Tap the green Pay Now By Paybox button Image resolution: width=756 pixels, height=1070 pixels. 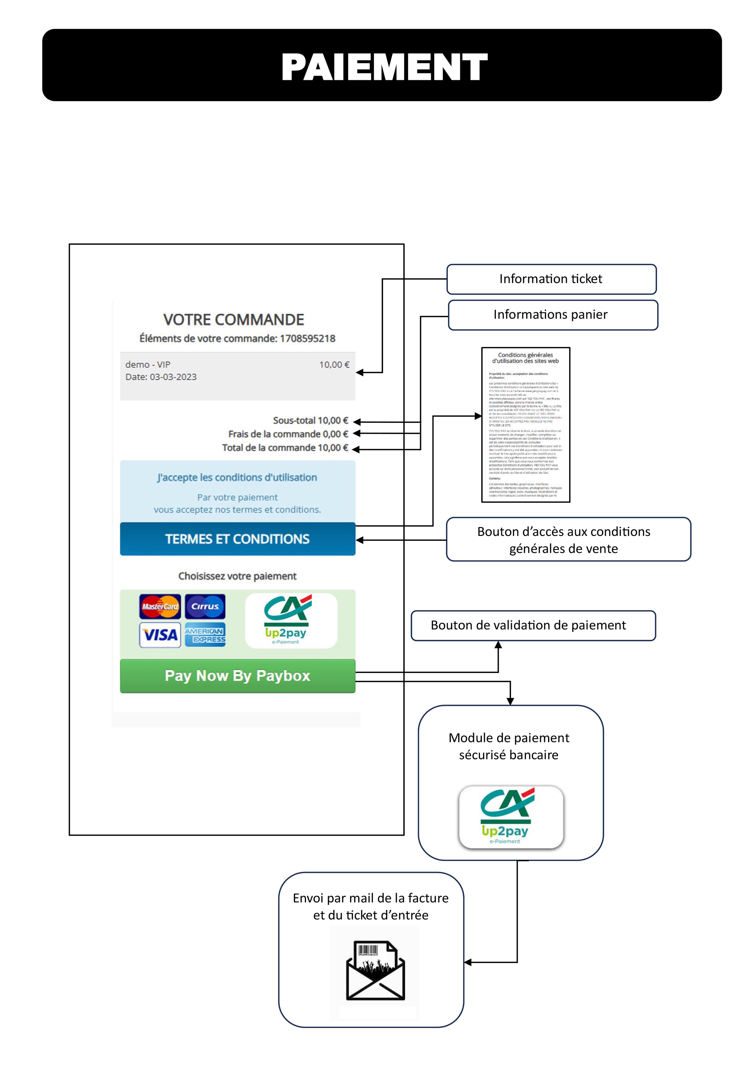click(x=237, y=676)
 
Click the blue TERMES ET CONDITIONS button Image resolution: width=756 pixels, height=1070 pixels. click(x=237, y=539)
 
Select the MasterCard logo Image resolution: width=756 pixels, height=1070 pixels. click(x=160, y=606)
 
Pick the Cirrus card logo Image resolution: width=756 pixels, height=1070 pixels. click(x=205, y=606)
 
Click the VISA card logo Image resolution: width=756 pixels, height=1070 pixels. click(x=160, y=635)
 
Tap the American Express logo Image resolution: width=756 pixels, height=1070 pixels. click(x=205, y=635)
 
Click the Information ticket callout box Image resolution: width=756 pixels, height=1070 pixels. click(x=551, y=279)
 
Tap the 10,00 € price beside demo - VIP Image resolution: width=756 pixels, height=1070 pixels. click(x=334, y=365)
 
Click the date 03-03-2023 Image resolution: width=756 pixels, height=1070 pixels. click(x=173, y=377)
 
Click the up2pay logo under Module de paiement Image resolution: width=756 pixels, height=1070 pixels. click(x=511, y=817)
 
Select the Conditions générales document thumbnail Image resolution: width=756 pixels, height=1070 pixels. click(x=526, y=425)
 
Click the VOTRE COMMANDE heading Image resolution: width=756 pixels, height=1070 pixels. click(x=234, y=320)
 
